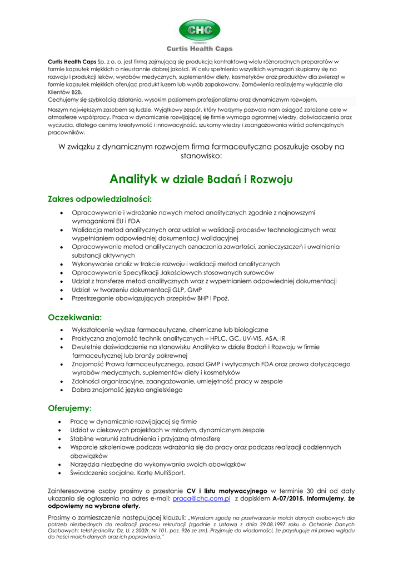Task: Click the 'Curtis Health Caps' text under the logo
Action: (x=200, y=49)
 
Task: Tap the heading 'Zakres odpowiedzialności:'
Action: (x=100, y=198)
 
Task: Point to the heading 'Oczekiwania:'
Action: (x=75, y=317)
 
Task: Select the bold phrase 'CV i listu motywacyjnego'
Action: (x=226, y=491)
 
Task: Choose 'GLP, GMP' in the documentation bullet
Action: (x=186, y=290)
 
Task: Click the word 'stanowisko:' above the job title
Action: (x=201, y=156)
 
